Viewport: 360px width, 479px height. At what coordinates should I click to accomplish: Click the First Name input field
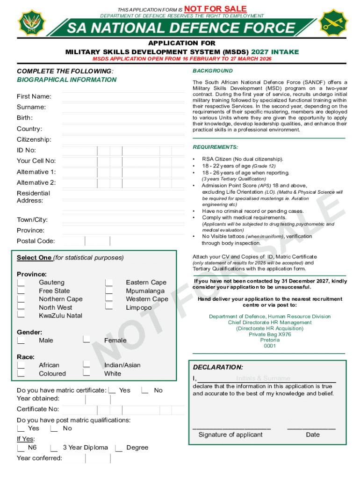tap(122, 96)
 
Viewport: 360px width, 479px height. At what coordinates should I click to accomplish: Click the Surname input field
tap(122, 107)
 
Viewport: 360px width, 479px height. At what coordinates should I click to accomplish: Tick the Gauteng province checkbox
tap(21, 283)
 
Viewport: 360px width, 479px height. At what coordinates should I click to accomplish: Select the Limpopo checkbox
tap(109, 307)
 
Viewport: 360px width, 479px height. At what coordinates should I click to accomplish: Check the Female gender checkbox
tap(86, 340)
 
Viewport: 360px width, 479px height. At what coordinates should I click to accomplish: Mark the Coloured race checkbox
tap(21, 373)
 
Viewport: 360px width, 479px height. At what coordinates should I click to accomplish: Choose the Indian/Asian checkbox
tap(86, 365)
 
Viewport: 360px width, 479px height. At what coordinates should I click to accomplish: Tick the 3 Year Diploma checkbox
tap(54, 448)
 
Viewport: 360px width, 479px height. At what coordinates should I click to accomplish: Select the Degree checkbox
tap(119, 448)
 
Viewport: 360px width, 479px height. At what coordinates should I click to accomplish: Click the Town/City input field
tap(122, 219)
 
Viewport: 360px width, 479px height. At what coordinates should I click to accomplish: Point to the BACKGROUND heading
tap(212, 71)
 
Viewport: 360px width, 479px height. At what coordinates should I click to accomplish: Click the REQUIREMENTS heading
tap(215, 147)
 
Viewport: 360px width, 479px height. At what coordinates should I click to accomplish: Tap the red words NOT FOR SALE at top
tap(216, 8)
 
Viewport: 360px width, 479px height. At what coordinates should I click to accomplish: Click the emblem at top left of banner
tap(31, 22)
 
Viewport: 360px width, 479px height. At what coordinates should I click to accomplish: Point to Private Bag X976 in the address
tap(270, 334)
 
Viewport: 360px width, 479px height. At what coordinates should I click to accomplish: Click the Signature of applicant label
tap(230, 435)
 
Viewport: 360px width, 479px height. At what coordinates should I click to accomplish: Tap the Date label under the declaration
tap(313, 435)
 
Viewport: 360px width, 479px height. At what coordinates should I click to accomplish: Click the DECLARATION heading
tap(218, 368)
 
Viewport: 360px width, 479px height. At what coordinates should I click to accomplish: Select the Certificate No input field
tap(122, 409)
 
